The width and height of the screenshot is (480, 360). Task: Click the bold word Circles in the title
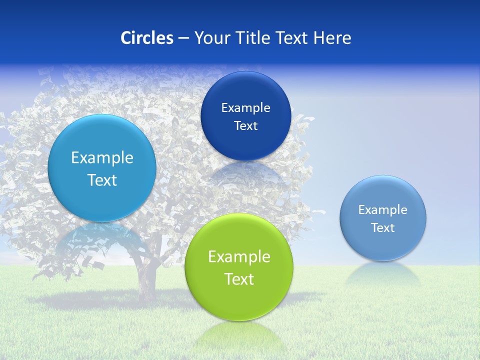point(147,38)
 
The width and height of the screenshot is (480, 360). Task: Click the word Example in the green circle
point(239,257)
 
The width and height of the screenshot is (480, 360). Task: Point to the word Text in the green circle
point(239,279)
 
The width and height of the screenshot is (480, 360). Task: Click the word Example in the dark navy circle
point(245,108)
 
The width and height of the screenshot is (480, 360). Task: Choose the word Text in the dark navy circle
point(245,126)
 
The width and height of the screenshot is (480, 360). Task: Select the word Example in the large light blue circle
point(102,158)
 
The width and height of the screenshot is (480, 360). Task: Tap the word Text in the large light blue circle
point(102,180)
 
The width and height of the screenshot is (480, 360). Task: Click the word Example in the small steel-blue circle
point(382,210)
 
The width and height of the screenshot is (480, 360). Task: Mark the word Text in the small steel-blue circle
point(382,228)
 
